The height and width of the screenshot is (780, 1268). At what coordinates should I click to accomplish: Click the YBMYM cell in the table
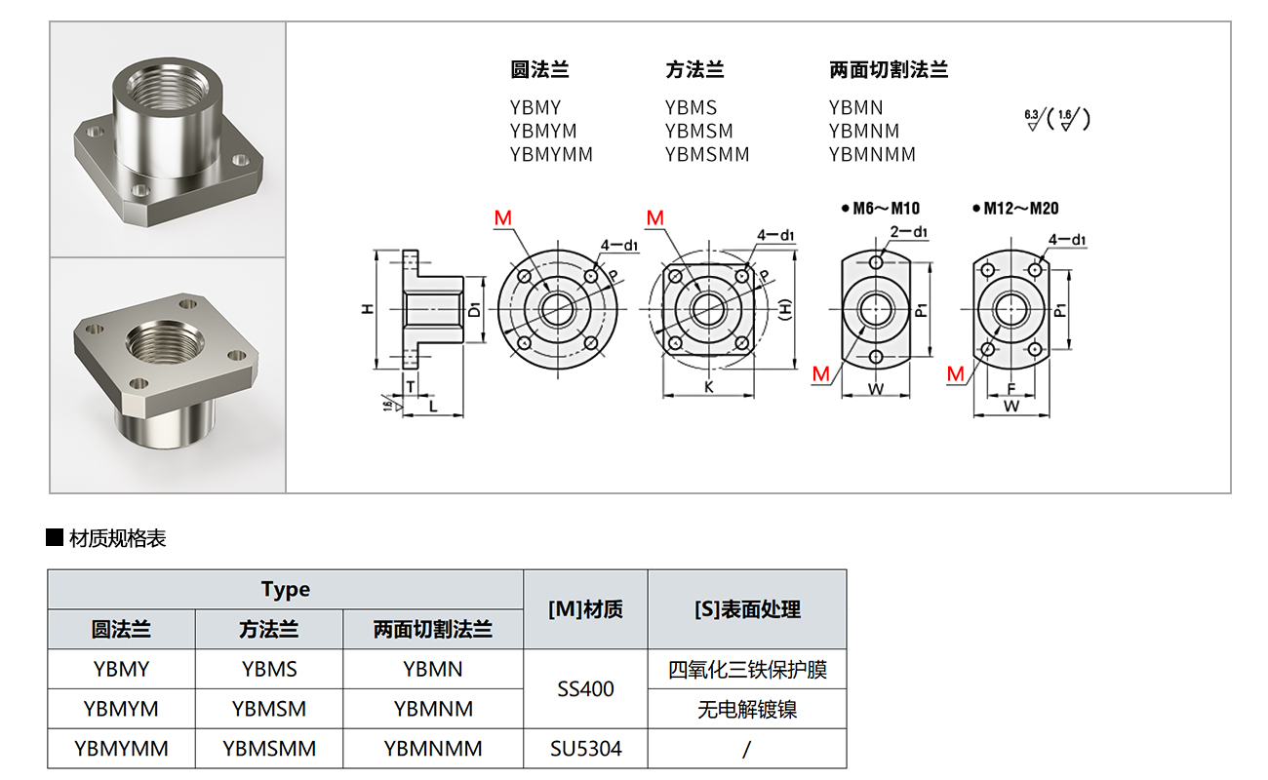point(121,709)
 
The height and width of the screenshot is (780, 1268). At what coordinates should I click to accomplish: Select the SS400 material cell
point(585,689)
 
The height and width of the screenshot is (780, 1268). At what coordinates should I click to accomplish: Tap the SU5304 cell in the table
point(585,749)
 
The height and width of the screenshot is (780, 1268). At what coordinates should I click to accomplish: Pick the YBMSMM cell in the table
point(269,749)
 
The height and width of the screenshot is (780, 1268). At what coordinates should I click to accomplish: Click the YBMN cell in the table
point(433,669)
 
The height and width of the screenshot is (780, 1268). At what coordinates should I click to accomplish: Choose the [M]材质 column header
point(585,609)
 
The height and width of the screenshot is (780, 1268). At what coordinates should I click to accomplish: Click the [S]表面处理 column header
point(747,609)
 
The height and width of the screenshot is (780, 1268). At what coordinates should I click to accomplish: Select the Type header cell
point(286,590)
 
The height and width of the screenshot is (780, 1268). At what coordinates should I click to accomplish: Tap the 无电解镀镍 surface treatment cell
point(747,709)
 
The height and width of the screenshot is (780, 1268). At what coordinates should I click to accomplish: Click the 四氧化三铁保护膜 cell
point(747,670)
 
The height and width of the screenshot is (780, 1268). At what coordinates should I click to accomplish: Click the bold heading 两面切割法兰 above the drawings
point(889,70)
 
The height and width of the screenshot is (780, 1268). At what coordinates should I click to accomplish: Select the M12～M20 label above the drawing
point(1020,208)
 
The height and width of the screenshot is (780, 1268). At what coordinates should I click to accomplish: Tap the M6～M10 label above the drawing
point(886,208)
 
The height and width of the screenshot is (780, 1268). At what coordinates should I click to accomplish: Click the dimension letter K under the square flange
point(708,387)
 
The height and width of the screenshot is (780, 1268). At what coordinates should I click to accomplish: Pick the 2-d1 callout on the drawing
point(908,232)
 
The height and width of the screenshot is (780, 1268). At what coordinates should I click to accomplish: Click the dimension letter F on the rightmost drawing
point(1011,387)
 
